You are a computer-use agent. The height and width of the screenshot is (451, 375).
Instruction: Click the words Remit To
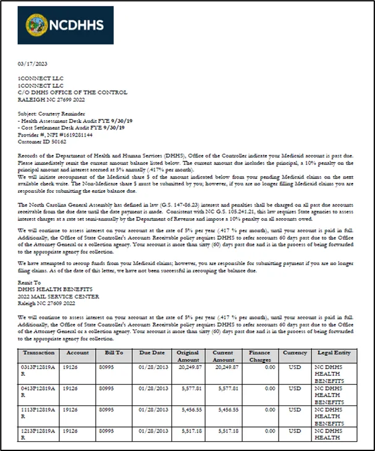click(x=27, y=281)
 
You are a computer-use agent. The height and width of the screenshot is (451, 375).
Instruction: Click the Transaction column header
click(x=38, y=353)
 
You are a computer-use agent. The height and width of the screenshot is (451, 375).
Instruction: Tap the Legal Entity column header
click(x=334, y=353)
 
